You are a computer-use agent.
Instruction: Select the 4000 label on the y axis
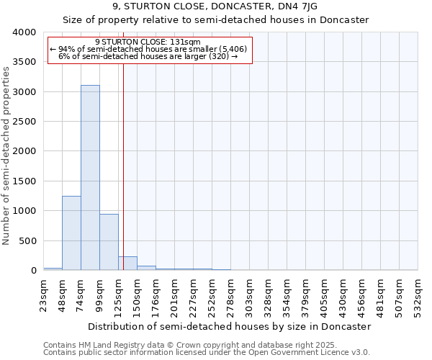pyautogui.click(x=24, y=32)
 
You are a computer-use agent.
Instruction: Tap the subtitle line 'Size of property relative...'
pyautogui.click(x=215, y=20)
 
